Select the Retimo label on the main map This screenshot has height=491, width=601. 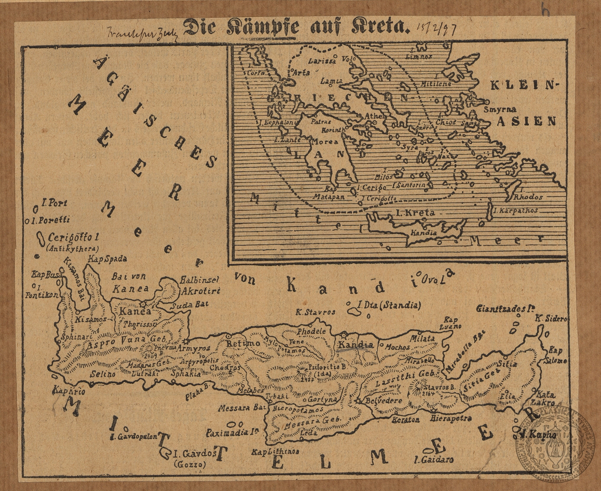[x=238, y=343]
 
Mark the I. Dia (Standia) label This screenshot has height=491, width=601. [x=389, y=305]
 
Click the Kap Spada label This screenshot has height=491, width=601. [x=107, y=259]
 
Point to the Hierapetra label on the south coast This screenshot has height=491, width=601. [x=451, y=418]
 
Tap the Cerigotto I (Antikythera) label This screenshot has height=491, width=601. [x=74, y=241]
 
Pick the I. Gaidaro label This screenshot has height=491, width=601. [x=434, y=459]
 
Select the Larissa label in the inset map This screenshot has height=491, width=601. [x=322, y=61]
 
